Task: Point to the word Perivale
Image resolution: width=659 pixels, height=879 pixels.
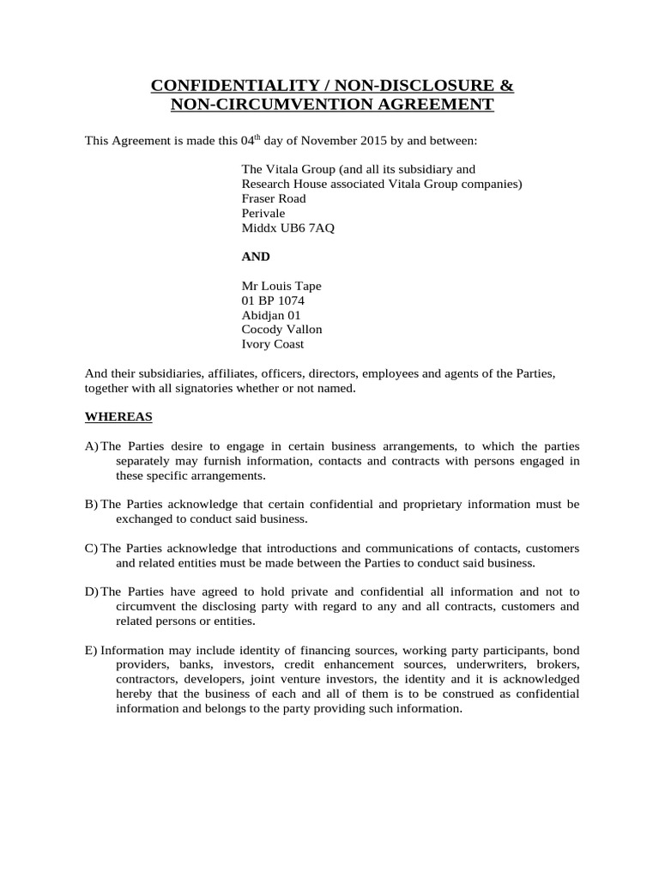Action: coord(266,213)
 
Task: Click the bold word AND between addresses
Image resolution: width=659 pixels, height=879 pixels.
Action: coord(257,257)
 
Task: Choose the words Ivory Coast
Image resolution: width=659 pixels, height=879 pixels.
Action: coord(273,344)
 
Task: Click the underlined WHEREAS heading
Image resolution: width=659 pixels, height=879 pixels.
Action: coord(118,416)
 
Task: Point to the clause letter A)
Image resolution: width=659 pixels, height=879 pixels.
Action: coord(91,446)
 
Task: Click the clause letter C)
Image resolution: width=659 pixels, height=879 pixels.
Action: coord(91,548)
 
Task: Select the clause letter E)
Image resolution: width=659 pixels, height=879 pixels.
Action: coord(91,650)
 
